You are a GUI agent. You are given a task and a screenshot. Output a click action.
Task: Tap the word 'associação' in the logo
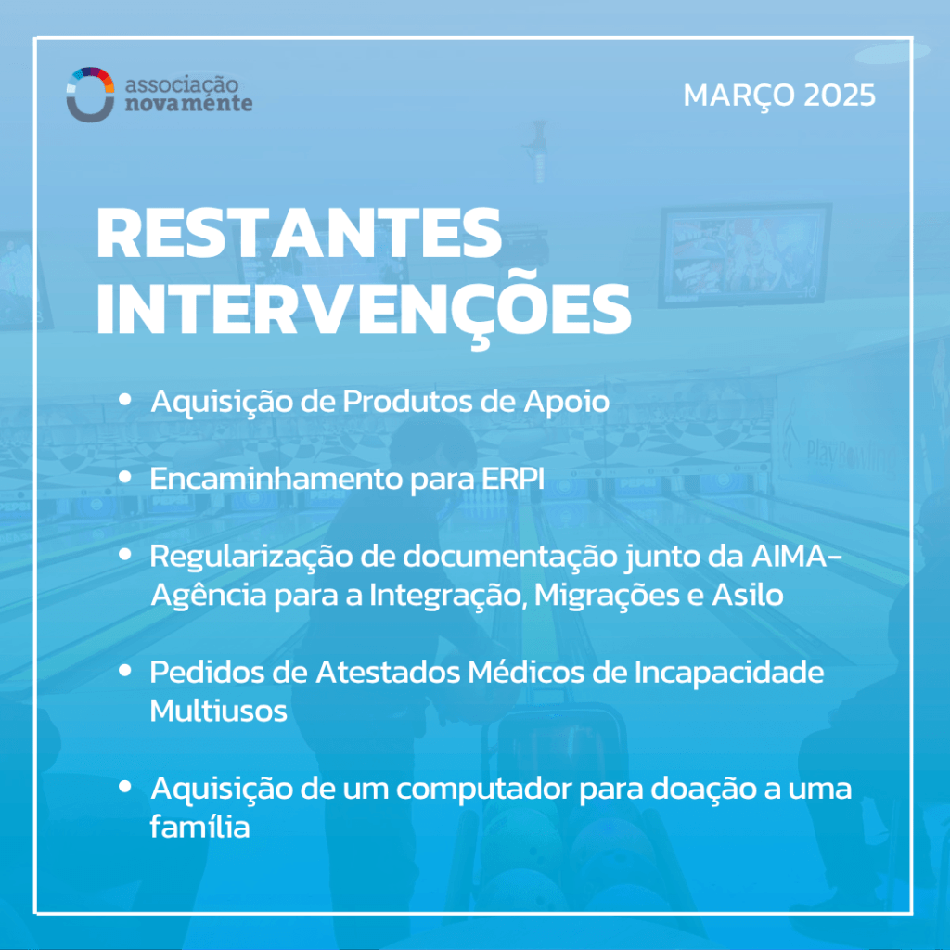(x=181, y=84)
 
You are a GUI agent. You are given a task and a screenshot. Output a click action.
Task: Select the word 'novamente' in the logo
(x=188, y=104)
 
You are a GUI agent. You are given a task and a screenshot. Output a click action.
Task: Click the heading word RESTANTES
(x=300, y=233)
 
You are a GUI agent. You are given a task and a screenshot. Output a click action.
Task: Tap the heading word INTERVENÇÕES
(x=364, y=310)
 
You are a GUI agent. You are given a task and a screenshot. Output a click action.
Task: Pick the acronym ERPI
(x=512, y=479)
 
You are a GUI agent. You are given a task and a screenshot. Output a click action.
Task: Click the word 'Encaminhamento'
(x=276, y=479)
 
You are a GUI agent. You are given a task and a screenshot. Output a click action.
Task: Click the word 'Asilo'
(x=747, y=595)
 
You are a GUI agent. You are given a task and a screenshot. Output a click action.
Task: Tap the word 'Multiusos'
(x=218, y=712)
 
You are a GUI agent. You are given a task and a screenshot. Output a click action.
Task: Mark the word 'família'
(x=200, y=827)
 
